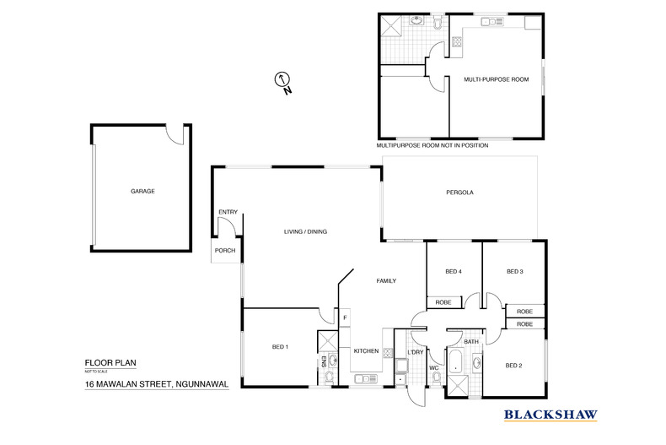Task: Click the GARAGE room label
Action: coord(142,192)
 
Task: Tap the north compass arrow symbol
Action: coord(282,80)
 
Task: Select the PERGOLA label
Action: coord(459,193)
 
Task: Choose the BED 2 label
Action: coord(514,366)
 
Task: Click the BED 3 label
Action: coord(515,271)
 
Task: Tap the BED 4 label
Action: coord(454,271)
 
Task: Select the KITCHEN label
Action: coord(366,351)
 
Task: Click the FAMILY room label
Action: coord(386,281)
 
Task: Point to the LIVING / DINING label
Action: coord(305,231)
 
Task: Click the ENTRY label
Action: coord(228,212)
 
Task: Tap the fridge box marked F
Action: coord(345,317)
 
